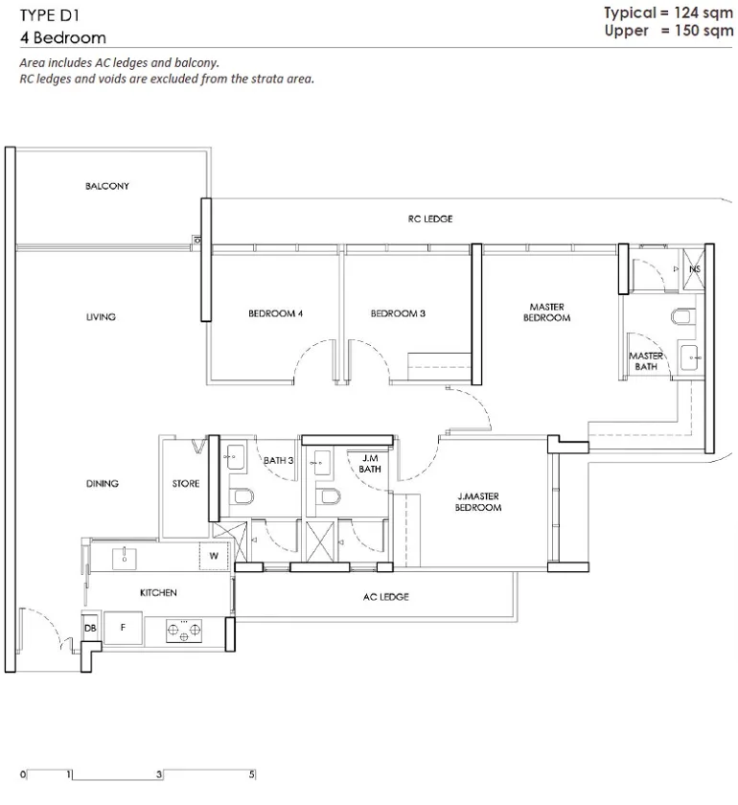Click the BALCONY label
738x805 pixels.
pos(106,186)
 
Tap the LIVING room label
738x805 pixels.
pos(101,317)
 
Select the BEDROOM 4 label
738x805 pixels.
pos(275,313)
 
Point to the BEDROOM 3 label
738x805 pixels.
pos(398,313)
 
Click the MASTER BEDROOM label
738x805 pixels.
pos(546,312)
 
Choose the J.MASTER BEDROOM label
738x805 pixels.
pos(478,501)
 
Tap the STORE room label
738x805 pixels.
pos(185,484)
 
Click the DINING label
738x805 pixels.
pos(103,483)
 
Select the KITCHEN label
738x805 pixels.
pos(158,592)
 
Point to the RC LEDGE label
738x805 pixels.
pos(429,218)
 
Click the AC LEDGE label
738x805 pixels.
pos(385,596)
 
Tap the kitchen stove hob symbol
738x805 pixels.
pos(184,631)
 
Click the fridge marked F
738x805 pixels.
pos(123,628)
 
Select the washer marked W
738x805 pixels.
pos(214,556)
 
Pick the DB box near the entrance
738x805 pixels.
pos(90,628)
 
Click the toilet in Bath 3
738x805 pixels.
pos(242,496)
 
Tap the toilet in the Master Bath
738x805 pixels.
pos(683,316)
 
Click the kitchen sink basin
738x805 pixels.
pos(125,558)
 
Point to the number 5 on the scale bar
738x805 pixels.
pos(252,774)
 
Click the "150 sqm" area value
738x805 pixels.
pos(703,31)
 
